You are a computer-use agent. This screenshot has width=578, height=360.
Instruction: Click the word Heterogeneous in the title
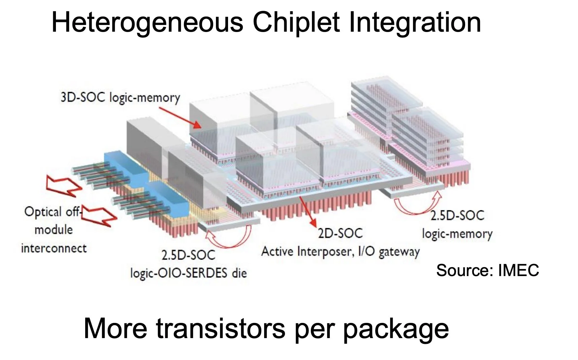(x=147, y=23)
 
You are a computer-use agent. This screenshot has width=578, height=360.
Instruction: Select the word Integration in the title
(x=415, y=23)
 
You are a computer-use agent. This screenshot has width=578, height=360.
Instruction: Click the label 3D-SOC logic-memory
(x=120, y=98)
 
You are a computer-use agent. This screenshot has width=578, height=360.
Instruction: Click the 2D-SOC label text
(x=340, y=233)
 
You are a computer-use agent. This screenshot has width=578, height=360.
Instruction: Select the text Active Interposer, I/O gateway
(x=341, y=251)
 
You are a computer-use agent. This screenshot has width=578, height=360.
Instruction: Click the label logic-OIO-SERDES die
(x=189, y=273)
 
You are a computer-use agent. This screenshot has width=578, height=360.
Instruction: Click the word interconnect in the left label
(x=54, y=248)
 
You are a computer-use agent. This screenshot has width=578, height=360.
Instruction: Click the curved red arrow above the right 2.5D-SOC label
(x=418, y=204)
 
